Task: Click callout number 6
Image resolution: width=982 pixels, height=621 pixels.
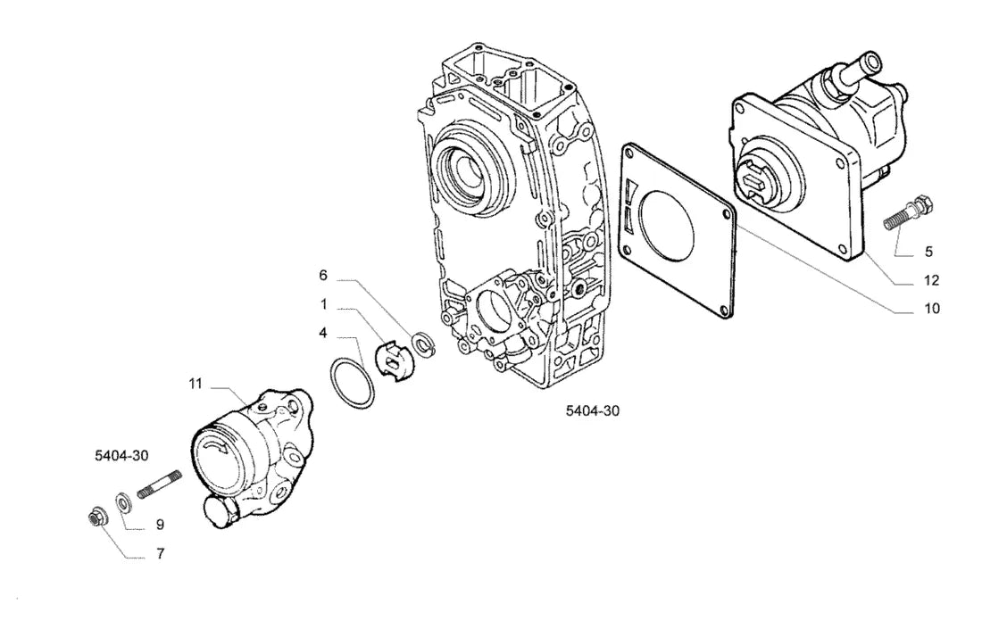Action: pos(323,276)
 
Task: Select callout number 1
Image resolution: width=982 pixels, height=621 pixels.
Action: pos(324,305)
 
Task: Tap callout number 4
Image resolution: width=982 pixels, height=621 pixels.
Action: pos(323,333)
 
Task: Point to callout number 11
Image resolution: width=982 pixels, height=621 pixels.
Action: pos(196,383)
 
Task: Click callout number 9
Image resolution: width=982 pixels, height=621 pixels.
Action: pos(160,524)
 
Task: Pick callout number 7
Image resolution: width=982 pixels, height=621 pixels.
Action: pos(161,553)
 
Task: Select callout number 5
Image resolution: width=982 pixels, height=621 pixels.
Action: pos(928,252)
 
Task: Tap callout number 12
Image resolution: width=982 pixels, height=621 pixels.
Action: pos(932,280)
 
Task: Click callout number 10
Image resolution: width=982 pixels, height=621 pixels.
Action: pos(932,308)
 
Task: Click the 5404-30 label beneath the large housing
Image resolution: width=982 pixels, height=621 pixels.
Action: pos(593,410)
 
